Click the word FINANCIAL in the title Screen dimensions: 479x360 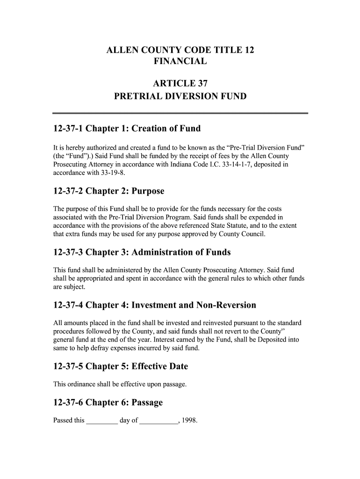point(180,61)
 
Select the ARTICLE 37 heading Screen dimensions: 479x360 point(180,84)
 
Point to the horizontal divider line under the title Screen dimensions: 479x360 point(180,113)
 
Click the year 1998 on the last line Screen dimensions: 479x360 point(190,421)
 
